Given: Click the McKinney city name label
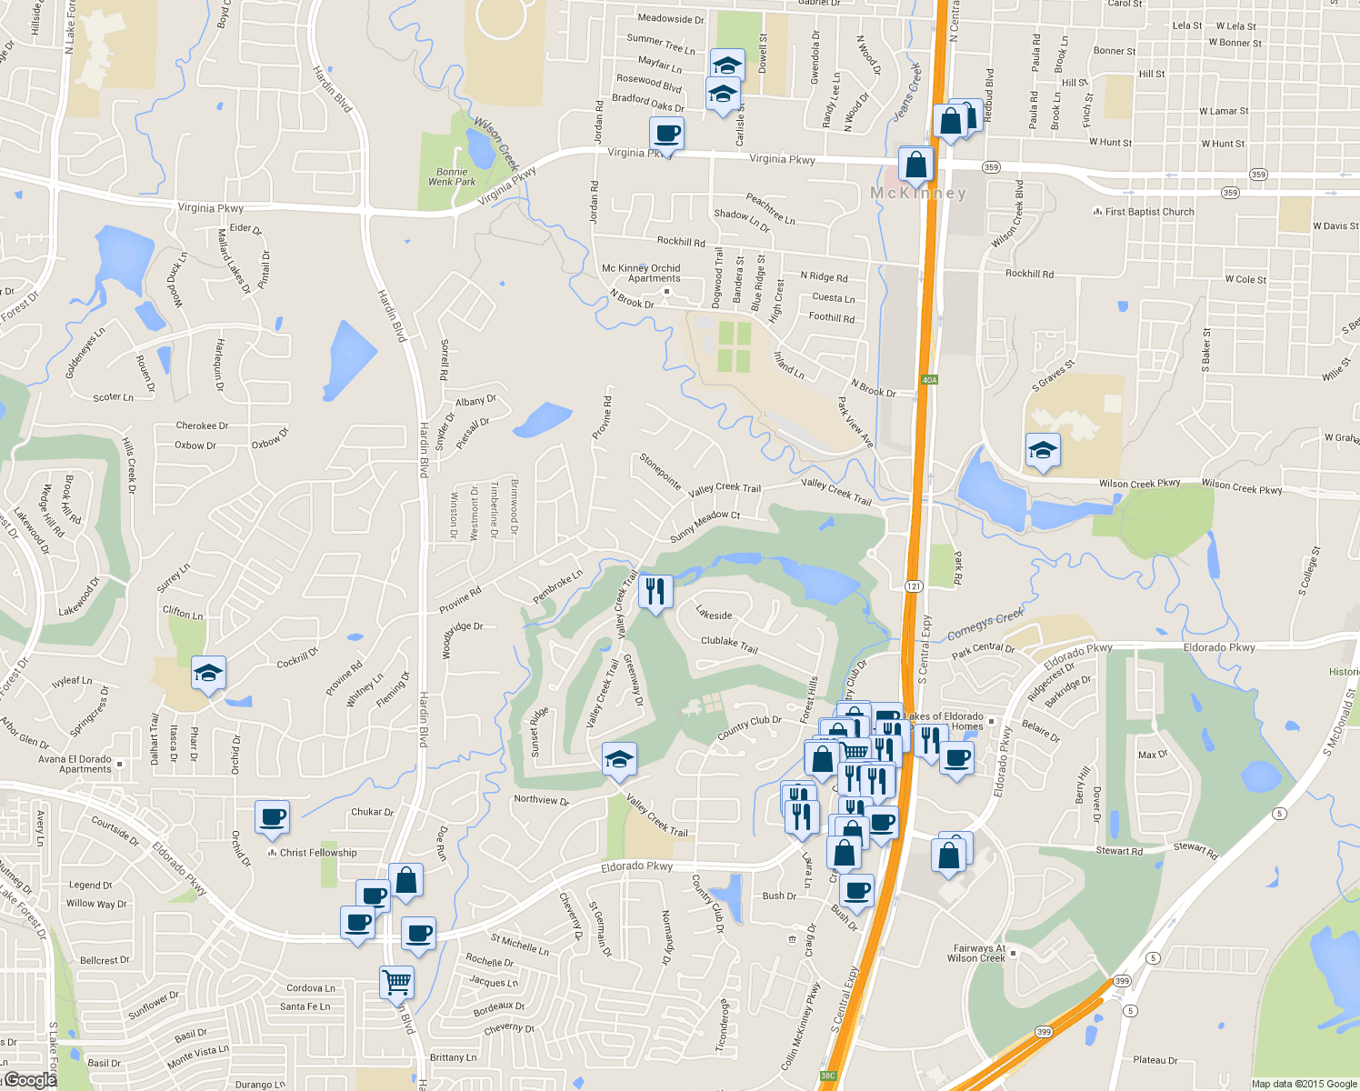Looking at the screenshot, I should (x=918, y=193).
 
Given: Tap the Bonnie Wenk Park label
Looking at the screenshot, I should (x=452, y=176).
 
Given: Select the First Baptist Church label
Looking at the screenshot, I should (x=1149, y=212).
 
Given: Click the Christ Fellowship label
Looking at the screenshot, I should (x=318, y=853).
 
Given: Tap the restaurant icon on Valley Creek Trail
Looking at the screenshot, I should (x=655, y=592).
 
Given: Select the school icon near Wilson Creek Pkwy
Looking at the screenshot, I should (x=1042, y=450).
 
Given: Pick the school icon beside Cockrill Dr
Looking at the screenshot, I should (x=208, y=674).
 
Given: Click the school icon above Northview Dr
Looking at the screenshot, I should (x=619, y=759).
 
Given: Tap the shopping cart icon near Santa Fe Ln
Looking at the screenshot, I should (x=396, y=982).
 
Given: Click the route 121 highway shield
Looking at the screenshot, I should (x=914, y=586).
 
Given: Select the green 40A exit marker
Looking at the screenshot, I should (x=928, y=380).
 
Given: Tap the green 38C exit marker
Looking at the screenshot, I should (x=827, y=1076).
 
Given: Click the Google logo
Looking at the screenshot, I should (x=31, y=1080).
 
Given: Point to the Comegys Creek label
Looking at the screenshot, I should (x=985, y=625).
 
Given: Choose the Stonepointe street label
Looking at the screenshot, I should (x=660, y=471).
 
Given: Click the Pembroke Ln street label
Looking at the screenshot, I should (x=557, y=587).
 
